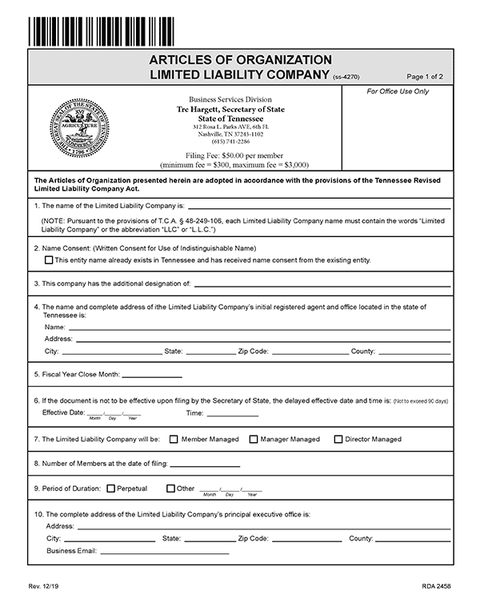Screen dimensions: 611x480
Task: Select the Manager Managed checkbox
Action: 254,439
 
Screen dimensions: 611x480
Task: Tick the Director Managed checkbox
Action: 338,439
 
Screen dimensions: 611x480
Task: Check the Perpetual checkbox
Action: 110,488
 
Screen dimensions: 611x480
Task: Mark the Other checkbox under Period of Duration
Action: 170,488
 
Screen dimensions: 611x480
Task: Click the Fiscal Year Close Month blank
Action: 152,375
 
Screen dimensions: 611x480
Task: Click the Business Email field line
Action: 164,552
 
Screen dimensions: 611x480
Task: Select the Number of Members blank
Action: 205,464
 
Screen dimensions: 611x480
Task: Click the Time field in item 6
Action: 232,414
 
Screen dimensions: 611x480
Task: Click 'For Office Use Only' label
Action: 398,91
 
